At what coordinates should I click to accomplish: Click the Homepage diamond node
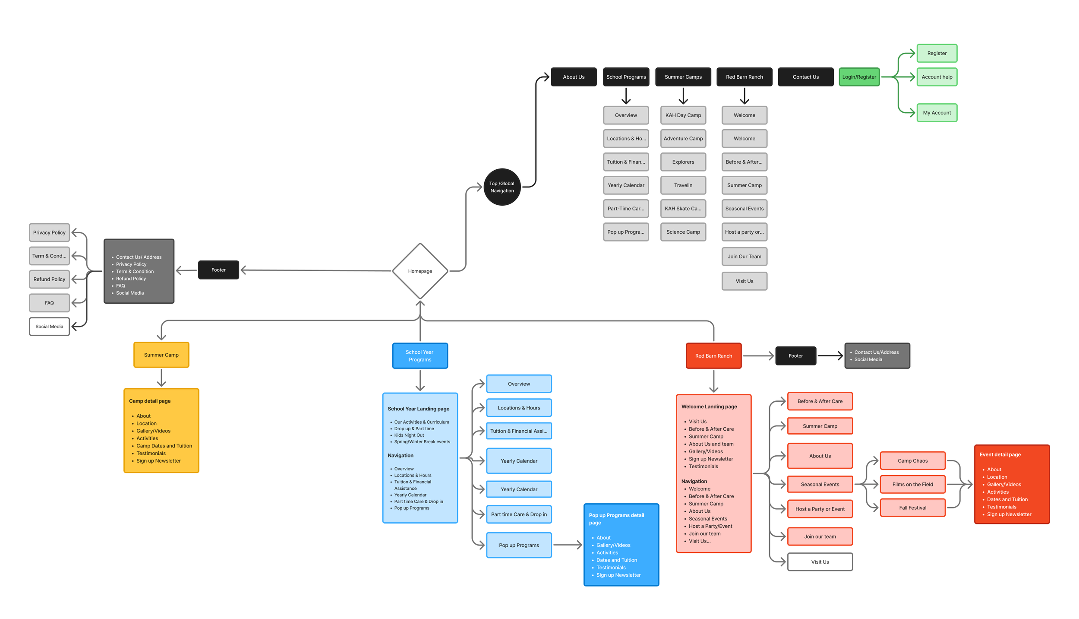[x=420, y=271]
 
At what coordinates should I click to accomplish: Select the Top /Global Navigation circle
[x=502, y=187]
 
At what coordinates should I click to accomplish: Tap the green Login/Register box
[x=859, y=77]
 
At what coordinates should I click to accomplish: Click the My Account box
[x=937, y=113]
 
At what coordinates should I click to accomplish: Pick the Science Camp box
[x=683, y=232]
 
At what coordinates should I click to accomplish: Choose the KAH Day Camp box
[x=683, y=115]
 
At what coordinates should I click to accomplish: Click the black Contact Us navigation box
[x=805, y=77]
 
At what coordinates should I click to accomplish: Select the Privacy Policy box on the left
[x=49, y=232]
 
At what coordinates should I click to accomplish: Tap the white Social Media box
[x=49, y=327]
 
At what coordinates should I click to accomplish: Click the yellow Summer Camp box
[x=161, y=355]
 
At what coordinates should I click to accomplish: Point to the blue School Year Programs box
[x=420, y=356]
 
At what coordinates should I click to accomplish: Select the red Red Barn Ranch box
[x=713, y=356]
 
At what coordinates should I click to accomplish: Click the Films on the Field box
[x=912, y=484]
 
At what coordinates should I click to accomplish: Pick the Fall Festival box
[x=912, y=508]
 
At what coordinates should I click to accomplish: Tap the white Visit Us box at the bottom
[x=820, y=562]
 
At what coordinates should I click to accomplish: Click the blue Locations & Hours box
[x=519, y=408]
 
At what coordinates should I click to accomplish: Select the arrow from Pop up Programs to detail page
[x=567, y=545]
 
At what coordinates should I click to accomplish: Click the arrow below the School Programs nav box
[x=626, y=96]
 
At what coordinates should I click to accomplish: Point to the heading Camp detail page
[x=150, y=401]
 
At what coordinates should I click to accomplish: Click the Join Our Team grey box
[x=744, y=257]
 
